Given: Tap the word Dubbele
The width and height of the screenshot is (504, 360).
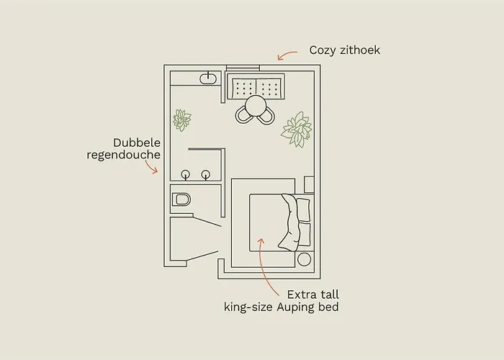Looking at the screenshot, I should [137, 143].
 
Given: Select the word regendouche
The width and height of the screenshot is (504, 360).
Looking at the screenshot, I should [123, 155].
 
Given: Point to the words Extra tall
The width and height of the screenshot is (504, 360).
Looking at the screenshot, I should [312, 294].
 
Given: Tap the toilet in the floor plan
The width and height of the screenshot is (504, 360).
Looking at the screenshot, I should [181, 199].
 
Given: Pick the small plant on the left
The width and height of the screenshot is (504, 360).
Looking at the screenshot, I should [182, 119].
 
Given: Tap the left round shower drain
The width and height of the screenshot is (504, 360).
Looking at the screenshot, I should [186, 174].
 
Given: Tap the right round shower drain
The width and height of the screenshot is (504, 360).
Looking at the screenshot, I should [206, 174].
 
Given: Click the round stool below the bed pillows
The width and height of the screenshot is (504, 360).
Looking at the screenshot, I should [304, 259].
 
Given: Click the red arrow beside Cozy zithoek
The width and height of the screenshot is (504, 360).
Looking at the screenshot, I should [288, 54].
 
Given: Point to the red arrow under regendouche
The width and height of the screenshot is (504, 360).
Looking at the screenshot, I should [151, 167].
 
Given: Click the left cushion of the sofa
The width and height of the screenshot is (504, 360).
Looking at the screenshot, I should [243, 87].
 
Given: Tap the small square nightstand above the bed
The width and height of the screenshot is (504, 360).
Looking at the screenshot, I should [309, 184].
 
